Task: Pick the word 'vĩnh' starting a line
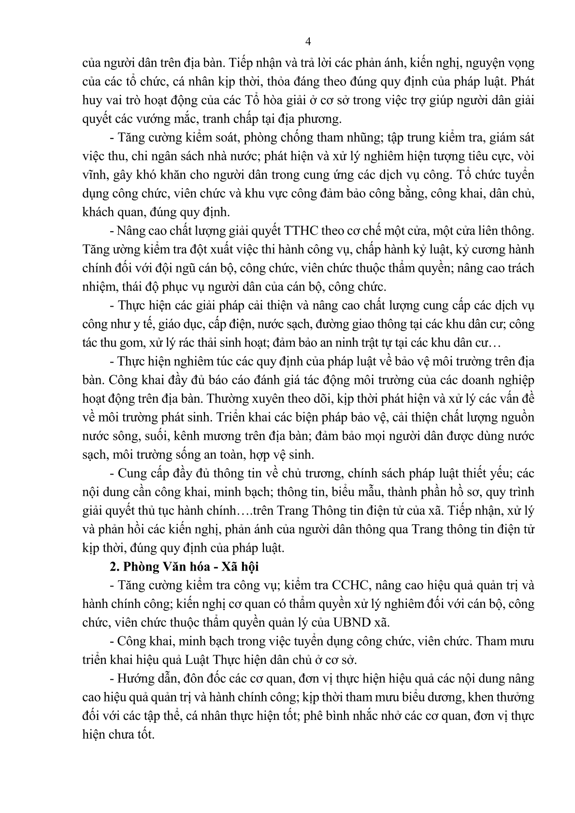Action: click(x=92, y=175)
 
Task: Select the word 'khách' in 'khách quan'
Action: click(x=97, y=212)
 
